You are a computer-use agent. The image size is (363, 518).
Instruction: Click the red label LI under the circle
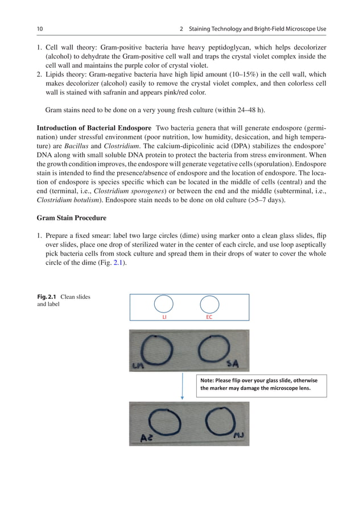[165, 317]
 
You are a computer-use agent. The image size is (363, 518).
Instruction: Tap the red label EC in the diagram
[209, 317]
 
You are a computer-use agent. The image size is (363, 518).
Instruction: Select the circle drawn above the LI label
[165, 304]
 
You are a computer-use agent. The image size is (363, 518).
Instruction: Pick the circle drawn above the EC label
[209, 304]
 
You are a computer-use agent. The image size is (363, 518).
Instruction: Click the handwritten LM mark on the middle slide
[137, 365]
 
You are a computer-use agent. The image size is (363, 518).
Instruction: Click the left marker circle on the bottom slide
[165, 423]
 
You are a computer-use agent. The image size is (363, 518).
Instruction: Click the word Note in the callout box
[207, 380]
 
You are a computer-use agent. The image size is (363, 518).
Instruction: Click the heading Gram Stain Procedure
[71, 217]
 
